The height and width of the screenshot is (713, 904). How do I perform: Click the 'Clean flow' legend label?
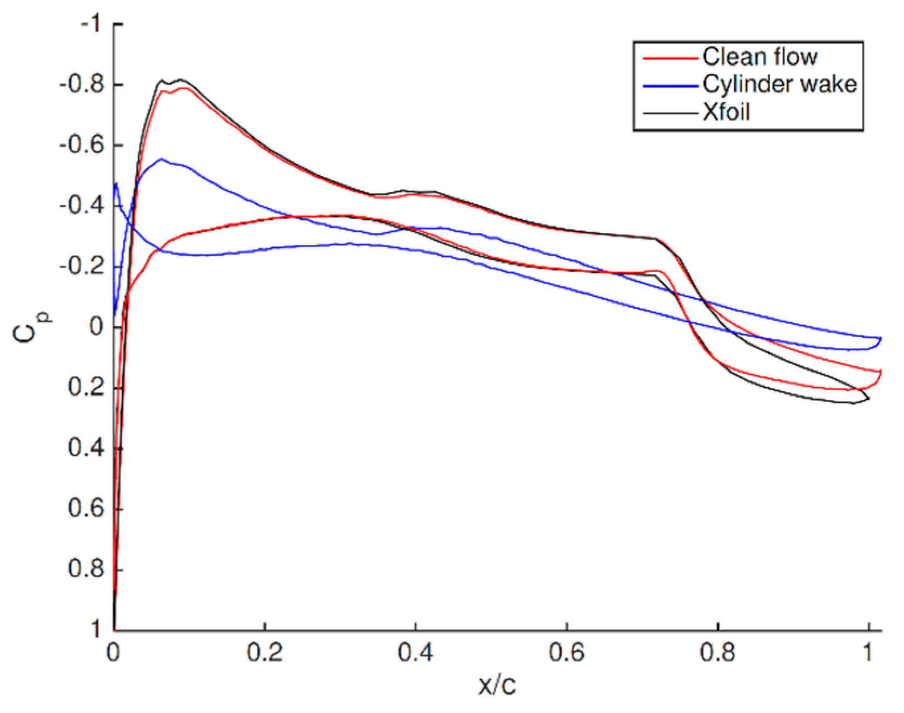tap(759, 57)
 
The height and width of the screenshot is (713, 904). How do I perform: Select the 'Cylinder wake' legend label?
tap(779, 84)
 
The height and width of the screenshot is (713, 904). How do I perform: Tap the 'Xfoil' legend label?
tap(726, 113)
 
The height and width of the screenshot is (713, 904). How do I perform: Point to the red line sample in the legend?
tap(670, 57)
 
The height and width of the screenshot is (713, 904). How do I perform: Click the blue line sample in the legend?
tap(670, 85)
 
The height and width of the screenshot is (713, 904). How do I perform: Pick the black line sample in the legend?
tap(670, 113)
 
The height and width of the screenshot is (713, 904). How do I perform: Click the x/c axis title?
tap(497, 685)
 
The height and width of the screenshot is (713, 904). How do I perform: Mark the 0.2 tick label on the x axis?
tap(264, 653)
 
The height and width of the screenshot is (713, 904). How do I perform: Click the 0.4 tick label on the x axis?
tap(415, 653)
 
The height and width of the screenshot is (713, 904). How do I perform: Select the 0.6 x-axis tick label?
tap(566, 653)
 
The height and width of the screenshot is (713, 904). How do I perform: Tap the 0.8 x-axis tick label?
tap(717, 653)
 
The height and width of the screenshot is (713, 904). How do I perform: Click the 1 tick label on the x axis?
tap(868, 653)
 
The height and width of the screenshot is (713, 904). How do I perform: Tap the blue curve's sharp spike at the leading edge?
tap(116, 184)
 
